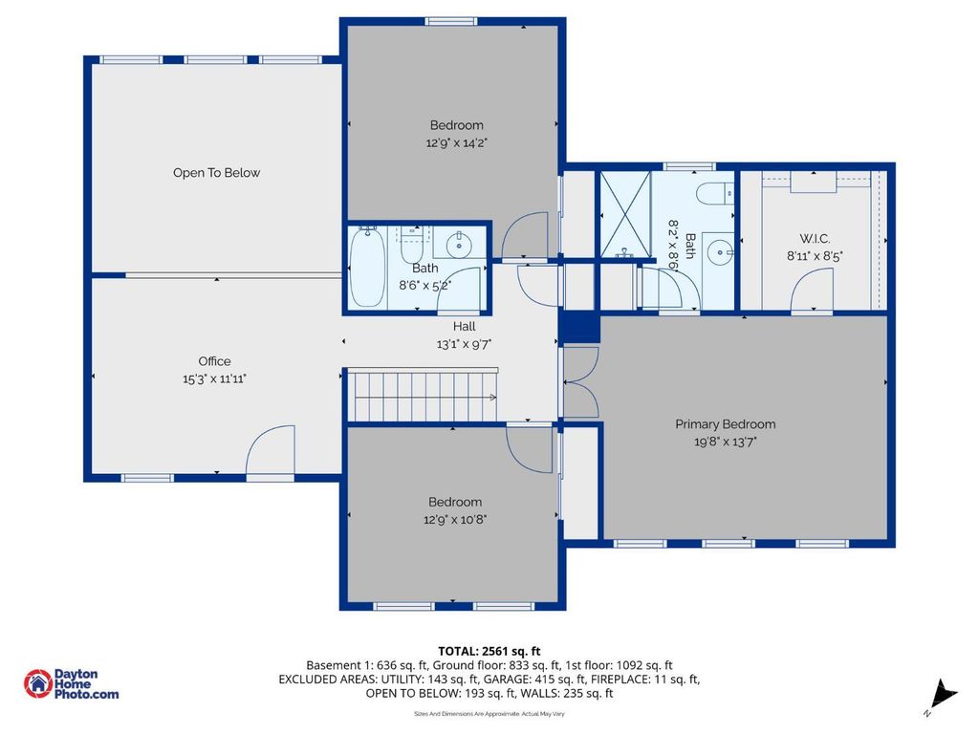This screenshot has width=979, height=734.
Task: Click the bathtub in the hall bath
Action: point(366,267)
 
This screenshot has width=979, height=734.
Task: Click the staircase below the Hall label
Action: point(422,396)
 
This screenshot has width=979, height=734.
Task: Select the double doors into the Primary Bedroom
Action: point(580,380)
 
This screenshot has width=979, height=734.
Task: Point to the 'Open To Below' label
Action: point(216,173)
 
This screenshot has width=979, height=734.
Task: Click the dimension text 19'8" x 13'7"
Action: point(725,442)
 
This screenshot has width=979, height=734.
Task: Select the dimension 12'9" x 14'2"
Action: point(456,142)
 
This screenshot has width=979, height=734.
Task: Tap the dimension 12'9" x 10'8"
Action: point(456,520)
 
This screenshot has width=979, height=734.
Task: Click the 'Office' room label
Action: point(214,361)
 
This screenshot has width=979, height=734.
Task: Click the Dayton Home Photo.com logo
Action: point(72,684)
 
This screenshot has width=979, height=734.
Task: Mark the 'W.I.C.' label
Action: point(815,238)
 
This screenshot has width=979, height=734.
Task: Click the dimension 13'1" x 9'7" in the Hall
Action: point(464,344)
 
